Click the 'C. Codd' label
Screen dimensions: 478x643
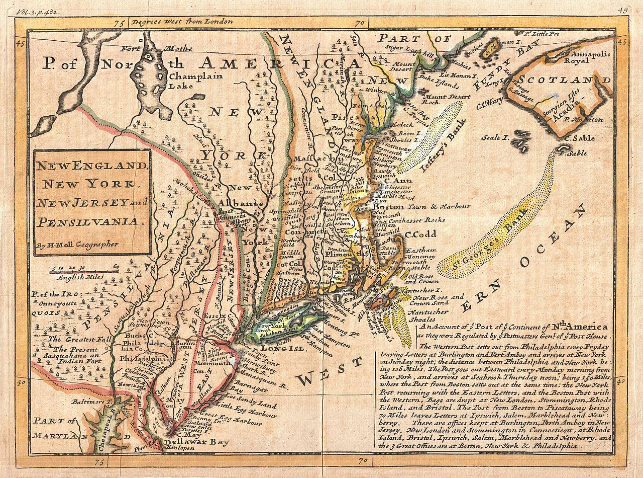[421, 234]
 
